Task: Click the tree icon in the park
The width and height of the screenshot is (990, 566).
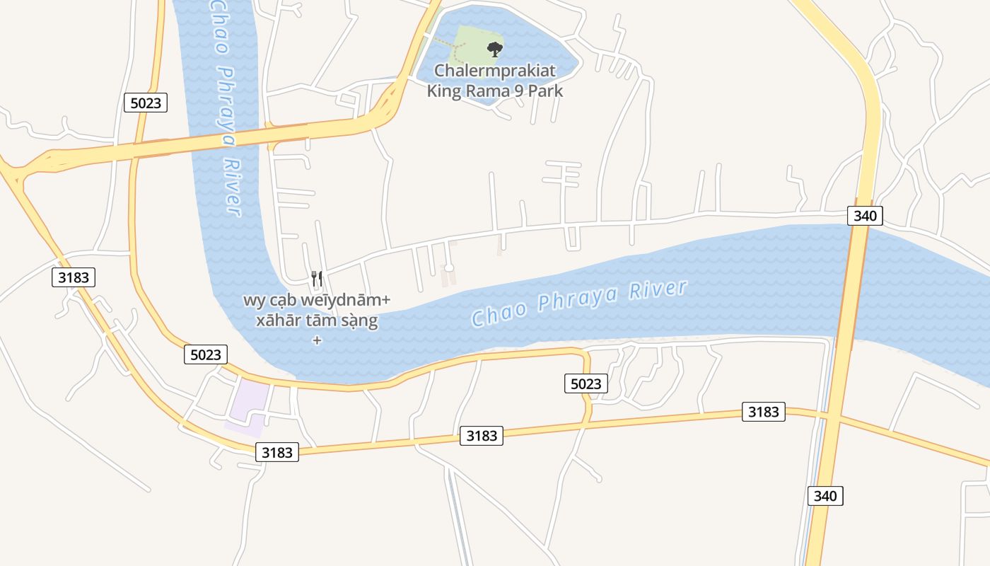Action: pos(495,49)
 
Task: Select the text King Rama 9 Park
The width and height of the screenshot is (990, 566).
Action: pos(495,91)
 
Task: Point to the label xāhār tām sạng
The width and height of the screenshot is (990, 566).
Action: pos(317,320)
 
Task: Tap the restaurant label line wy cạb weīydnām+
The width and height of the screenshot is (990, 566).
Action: pos(317,300)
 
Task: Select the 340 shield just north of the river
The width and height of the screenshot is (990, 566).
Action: pos(866,216)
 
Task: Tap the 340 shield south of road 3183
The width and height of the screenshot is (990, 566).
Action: pos(825,495)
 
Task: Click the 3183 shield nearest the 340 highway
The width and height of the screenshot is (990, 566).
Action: pos(763,412)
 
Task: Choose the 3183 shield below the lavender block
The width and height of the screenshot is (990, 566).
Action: pos(276,452)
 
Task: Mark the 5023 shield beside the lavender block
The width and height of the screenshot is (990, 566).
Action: pos(206,354)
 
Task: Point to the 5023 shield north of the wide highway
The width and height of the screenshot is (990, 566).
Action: pos(146,103)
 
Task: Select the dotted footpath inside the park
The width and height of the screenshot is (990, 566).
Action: pos(453,48)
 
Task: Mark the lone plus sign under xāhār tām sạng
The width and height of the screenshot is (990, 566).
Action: pos(317,340)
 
